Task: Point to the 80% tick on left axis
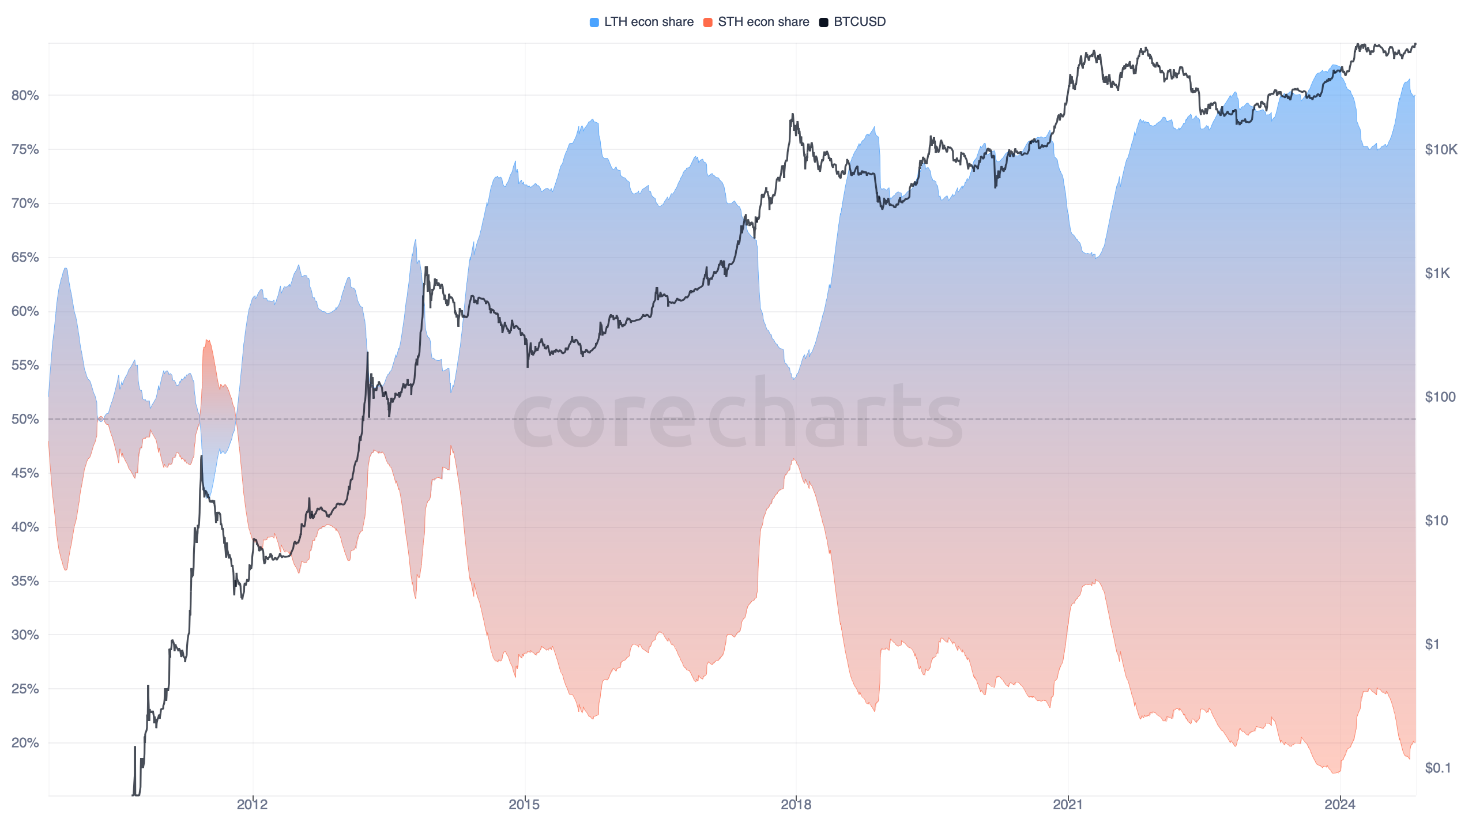point(25,95)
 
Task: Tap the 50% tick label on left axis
point(25,419)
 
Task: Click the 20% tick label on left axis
point(25,743)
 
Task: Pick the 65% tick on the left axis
point(25,257)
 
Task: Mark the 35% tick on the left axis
point(25,581)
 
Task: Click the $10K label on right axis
point(1441,150)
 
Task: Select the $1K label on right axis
point(1437,273)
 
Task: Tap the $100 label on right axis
point(1440,397)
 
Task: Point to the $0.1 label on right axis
point(1437,768)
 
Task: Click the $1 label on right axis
point(1432,644)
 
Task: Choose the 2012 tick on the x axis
point(253,805)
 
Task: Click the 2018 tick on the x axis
point(796,805)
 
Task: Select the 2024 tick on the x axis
point(1340,805)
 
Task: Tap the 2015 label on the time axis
point(524,805)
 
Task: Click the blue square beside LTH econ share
point(594,22)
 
